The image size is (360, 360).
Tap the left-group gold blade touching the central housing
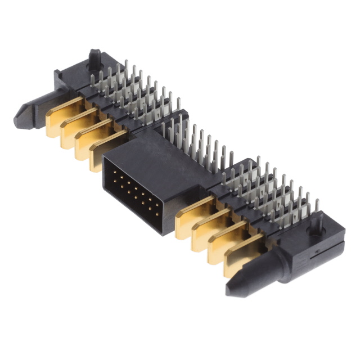[x=105, y=150]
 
